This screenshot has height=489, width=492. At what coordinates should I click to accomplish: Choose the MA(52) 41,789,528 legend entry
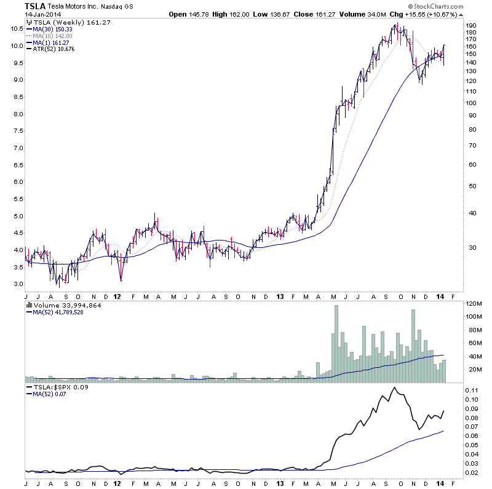coord(58,313)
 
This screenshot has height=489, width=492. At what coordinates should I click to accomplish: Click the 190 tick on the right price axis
coord(472,26)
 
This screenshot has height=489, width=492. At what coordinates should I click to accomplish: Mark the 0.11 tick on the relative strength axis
coord(470,391)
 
